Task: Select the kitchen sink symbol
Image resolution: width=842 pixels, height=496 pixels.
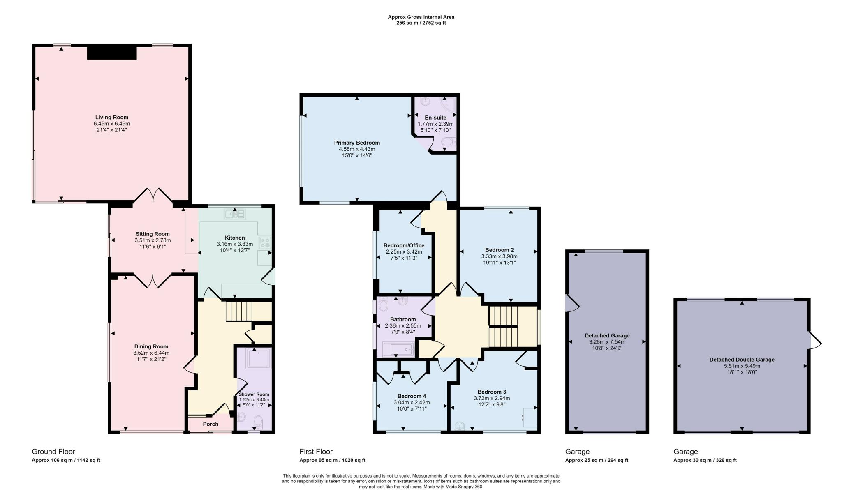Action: pyautogui.click(x=235, y=214)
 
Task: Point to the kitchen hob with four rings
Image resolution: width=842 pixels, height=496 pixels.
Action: pyautogui.click(x=264, y=243)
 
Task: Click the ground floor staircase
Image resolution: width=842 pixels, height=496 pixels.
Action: pyautogui.click(x=238, y=312)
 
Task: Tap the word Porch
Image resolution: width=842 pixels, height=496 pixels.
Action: pyautogui.click(x=210, y=424)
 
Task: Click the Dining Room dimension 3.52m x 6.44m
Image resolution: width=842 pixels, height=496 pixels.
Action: pyautogui.click(x=151, y=353)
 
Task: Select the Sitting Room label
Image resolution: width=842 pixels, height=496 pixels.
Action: pyautogui.click(x=153, y=234)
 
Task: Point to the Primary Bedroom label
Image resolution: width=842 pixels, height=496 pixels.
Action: pyautogui.click(x=357, y=143)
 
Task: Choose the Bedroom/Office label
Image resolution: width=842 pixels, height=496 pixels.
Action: pyautogui.click(x=404, y=246)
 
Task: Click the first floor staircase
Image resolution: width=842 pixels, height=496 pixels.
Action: pyautogui.click(x=513, y=327)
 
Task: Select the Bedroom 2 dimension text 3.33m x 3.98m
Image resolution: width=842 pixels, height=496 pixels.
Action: pyautogui.click(x=499, y=256)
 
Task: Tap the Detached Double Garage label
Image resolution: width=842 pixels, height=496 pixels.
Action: pyautogui.click(x=742, y=360)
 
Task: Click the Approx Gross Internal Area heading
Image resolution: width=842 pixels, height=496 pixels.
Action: pyautogui.click(x=421, y=17)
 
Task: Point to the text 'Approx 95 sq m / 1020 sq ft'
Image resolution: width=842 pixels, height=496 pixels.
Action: pyautogui.click(x=332, y=461)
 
